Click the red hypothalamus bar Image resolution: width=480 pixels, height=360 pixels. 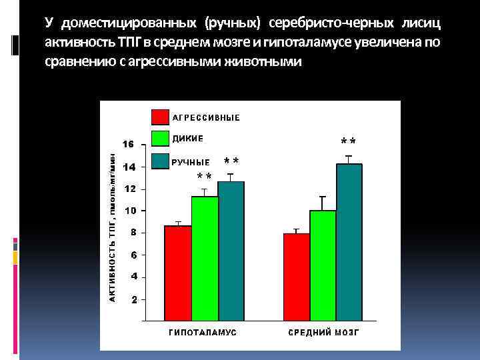tap(178, 273)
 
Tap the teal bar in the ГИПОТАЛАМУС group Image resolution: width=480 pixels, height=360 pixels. tap(231, 251)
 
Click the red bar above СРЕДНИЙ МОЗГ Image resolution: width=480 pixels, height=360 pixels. tap(297, 277)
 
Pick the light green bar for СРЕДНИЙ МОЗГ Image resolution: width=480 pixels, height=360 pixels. tap(323, 265)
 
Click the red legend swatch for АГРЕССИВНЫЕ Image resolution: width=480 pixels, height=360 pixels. tap(160, 117)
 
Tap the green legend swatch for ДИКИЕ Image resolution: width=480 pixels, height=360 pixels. tap(160, 139)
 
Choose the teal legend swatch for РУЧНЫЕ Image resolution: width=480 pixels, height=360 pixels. tap(160, 161)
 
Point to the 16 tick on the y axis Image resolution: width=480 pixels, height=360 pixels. tap(127, 144)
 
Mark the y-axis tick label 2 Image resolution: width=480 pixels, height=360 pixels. tap(133, 299)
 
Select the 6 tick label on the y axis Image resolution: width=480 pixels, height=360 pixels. tap(133, 255)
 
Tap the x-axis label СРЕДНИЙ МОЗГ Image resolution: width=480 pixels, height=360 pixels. tap(323, 332)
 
